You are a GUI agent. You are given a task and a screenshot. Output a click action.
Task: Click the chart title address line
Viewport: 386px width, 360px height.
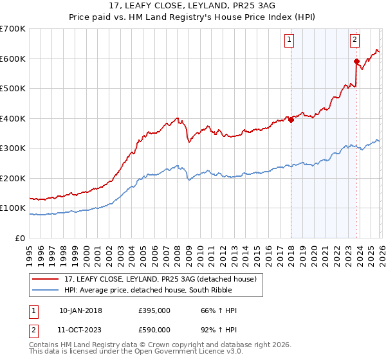[193, 6]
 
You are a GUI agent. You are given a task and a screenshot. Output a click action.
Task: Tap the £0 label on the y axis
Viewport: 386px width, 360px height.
[21, 238]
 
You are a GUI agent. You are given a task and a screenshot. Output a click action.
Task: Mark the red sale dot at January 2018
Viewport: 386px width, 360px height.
[291, 119]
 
